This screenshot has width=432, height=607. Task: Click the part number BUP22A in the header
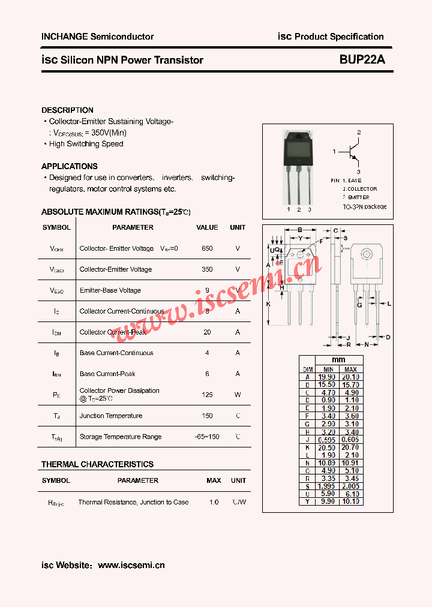point(362,60)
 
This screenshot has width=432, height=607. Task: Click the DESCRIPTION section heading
point(67,110)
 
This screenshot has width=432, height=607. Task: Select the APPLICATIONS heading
point(70,166)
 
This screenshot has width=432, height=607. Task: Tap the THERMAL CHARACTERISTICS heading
point(97,464)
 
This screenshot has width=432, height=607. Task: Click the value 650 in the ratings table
point(207,248)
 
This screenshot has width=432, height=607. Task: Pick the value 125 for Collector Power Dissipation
point(207,395)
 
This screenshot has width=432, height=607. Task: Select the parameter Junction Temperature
point(111,416)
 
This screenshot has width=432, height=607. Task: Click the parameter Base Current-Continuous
point(116,353)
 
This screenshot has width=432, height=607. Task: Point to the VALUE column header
point(207,227)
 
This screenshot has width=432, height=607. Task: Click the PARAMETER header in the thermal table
point(138,480)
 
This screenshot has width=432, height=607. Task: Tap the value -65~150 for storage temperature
point(207,437)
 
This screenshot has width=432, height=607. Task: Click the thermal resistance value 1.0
point(214,502)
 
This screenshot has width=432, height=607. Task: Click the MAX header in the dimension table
point(351,369)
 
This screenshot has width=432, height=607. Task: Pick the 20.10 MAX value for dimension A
point(351,377)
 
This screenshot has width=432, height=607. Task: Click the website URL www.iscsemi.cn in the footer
point(131,565)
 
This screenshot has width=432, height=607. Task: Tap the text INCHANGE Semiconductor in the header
point(97,37)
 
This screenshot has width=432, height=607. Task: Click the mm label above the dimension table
point(338,360)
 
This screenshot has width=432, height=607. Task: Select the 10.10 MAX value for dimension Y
point(351,501)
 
